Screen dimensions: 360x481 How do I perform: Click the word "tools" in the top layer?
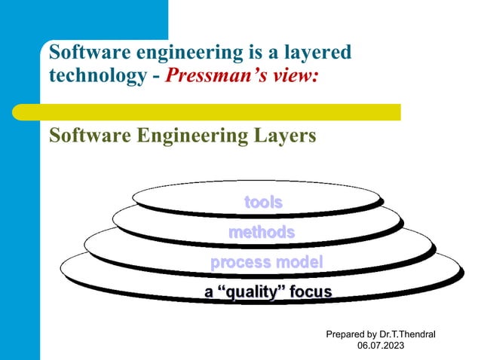[x=263, y=202]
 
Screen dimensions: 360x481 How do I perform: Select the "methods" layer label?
[x=261, y=232]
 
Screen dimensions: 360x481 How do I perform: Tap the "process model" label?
[x=266, y=262]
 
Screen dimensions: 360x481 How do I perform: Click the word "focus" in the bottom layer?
[x=308, y=291]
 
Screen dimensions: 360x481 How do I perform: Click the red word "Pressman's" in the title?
[x=209, y=77]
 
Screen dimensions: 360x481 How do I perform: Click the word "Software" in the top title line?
[x=82, y=53]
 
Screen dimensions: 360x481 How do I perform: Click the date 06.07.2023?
[x=380, y=345]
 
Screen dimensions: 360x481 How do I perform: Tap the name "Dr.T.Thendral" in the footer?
[x=408, y=334]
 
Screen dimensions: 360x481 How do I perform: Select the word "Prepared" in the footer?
[x=345, y=334]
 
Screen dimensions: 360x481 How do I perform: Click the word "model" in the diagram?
[x=299, y=262]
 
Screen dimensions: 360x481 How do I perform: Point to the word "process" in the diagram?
[x=240, y=262]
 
